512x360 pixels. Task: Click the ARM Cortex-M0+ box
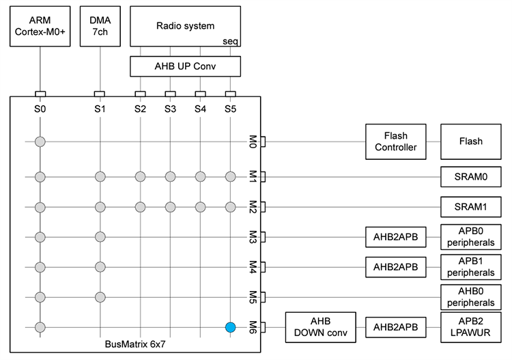click(40, 27)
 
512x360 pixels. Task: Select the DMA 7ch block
click(100, 27)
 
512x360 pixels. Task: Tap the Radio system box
click(185, 27)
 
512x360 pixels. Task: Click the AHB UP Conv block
click(185, 66)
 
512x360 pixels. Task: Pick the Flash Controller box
click(395, 141)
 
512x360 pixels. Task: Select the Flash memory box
click(470, 141)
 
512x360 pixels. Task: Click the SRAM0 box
click(470, 177)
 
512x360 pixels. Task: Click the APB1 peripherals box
click(470, 267)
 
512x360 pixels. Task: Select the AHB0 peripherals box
click(470, 297)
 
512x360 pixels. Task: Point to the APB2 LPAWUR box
click(470, 328)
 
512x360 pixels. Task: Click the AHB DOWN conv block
click(320, 328)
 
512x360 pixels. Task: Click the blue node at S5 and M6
click(231, 327)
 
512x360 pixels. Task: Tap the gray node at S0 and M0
click(40, 142)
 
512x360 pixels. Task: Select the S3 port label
click(170, 108)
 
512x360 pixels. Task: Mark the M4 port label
click(252, 266)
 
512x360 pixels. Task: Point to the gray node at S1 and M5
click(100, 297)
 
